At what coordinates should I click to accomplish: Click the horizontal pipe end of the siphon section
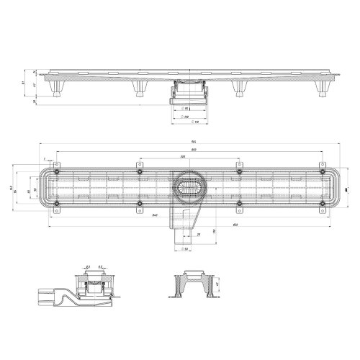(x=45, y=295)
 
